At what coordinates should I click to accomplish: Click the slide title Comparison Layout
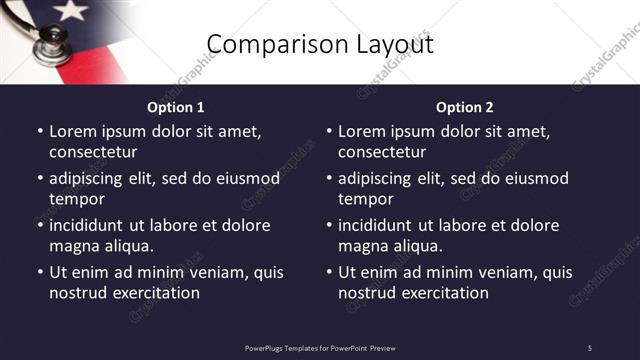coord(319,44)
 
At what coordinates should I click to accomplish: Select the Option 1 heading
coord(176,107)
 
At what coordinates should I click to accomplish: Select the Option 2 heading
coord(465,107)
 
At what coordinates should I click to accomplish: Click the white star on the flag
coord(70,10)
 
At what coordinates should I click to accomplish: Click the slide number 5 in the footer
coord(589,347)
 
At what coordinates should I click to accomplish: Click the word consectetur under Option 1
coord(93,152)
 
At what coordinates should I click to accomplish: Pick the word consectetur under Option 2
coord(382,152)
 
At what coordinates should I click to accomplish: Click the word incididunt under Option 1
coord(89,225)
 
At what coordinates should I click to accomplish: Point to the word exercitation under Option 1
coord(153,293)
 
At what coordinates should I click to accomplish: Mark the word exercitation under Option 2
coord(442,293)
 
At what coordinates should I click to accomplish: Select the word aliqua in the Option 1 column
coord(129,246)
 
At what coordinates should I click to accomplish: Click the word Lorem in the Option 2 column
coord(361,131)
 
